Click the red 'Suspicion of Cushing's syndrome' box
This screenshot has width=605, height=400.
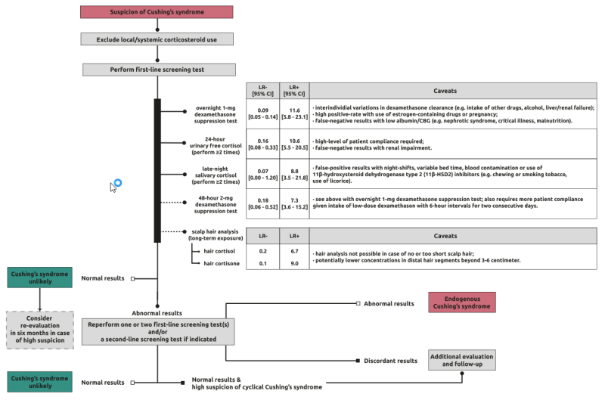coord(157,11)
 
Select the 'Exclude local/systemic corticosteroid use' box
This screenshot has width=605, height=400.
coord(157,39)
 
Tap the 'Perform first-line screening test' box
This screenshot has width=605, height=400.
coord(157,70)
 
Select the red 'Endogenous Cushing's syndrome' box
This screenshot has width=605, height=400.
coord(462,302)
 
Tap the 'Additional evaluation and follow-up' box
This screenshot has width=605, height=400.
coord(461,360)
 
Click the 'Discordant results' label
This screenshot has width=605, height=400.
coord(390,361)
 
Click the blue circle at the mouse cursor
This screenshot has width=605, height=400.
coord(117,184)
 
